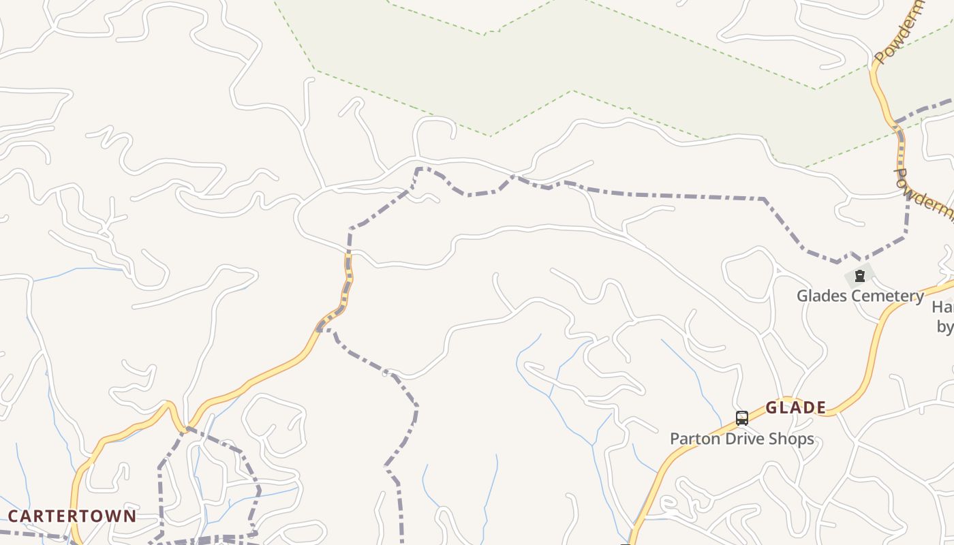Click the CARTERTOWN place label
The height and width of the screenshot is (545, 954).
click(72, 516)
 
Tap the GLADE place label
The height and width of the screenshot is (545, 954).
click(796, 408)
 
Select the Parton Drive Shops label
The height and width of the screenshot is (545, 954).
click(742, 439)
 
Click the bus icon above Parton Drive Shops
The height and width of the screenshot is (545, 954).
click(742, 418)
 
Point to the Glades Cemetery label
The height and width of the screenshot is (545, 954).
click(861, 296)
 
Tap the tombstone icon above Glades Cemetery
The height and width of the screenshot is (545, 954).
click(860, 276)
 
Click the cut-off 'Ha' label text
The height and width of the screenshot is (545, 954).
click(943, 307)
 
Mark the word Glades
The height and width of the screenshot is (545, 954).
click(820, 296)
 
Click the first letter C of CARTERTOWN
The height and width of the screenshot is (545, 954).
click(13, 516)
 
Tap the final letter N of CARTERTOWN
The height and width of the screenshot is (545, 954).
click(130, 516)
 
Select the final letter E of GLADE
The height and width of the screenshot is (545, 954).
click(821, 408)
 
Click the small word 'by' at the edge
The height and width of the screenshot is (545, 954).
click(945, 327)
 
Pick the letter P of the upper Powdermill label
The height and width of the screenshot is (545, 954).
click(880, 57)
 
